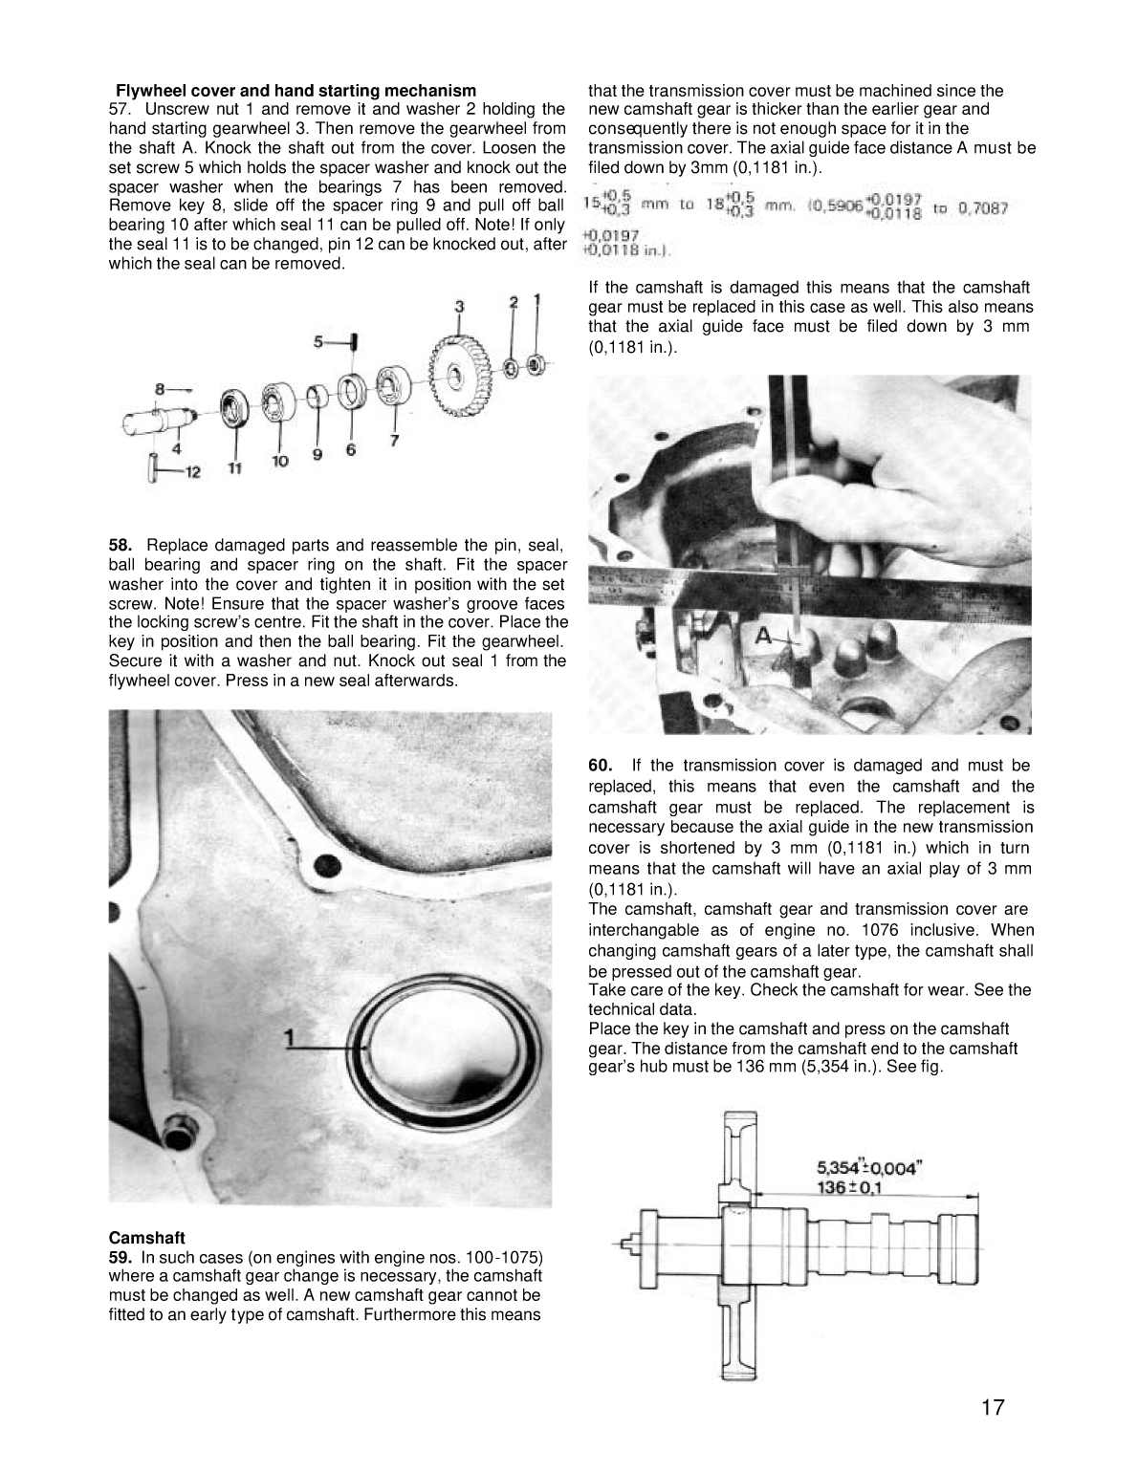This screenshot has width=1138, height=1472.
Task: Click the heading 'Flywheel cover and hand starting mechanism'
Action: tap(295, 91)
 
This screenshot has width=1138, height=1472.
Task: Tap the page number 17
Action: tap(992, 1408)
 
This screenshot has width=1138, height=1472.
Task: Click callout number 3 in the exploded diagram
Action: tap(459, 306)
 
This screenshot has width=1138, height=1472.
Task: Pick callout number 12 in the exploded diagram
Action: tap(191, 472)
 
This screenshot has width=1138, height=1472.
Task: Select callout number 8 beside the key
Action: tap(162, 389)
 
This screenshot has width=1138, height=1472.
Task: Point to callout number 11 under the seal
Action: tap(234, 467)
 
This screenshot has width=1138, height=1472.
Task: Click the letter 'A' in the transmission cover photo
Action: tap(763, 635)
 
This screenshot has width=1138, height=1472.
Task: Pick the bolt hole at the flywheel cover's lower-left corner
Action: tap(179, 1137)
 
